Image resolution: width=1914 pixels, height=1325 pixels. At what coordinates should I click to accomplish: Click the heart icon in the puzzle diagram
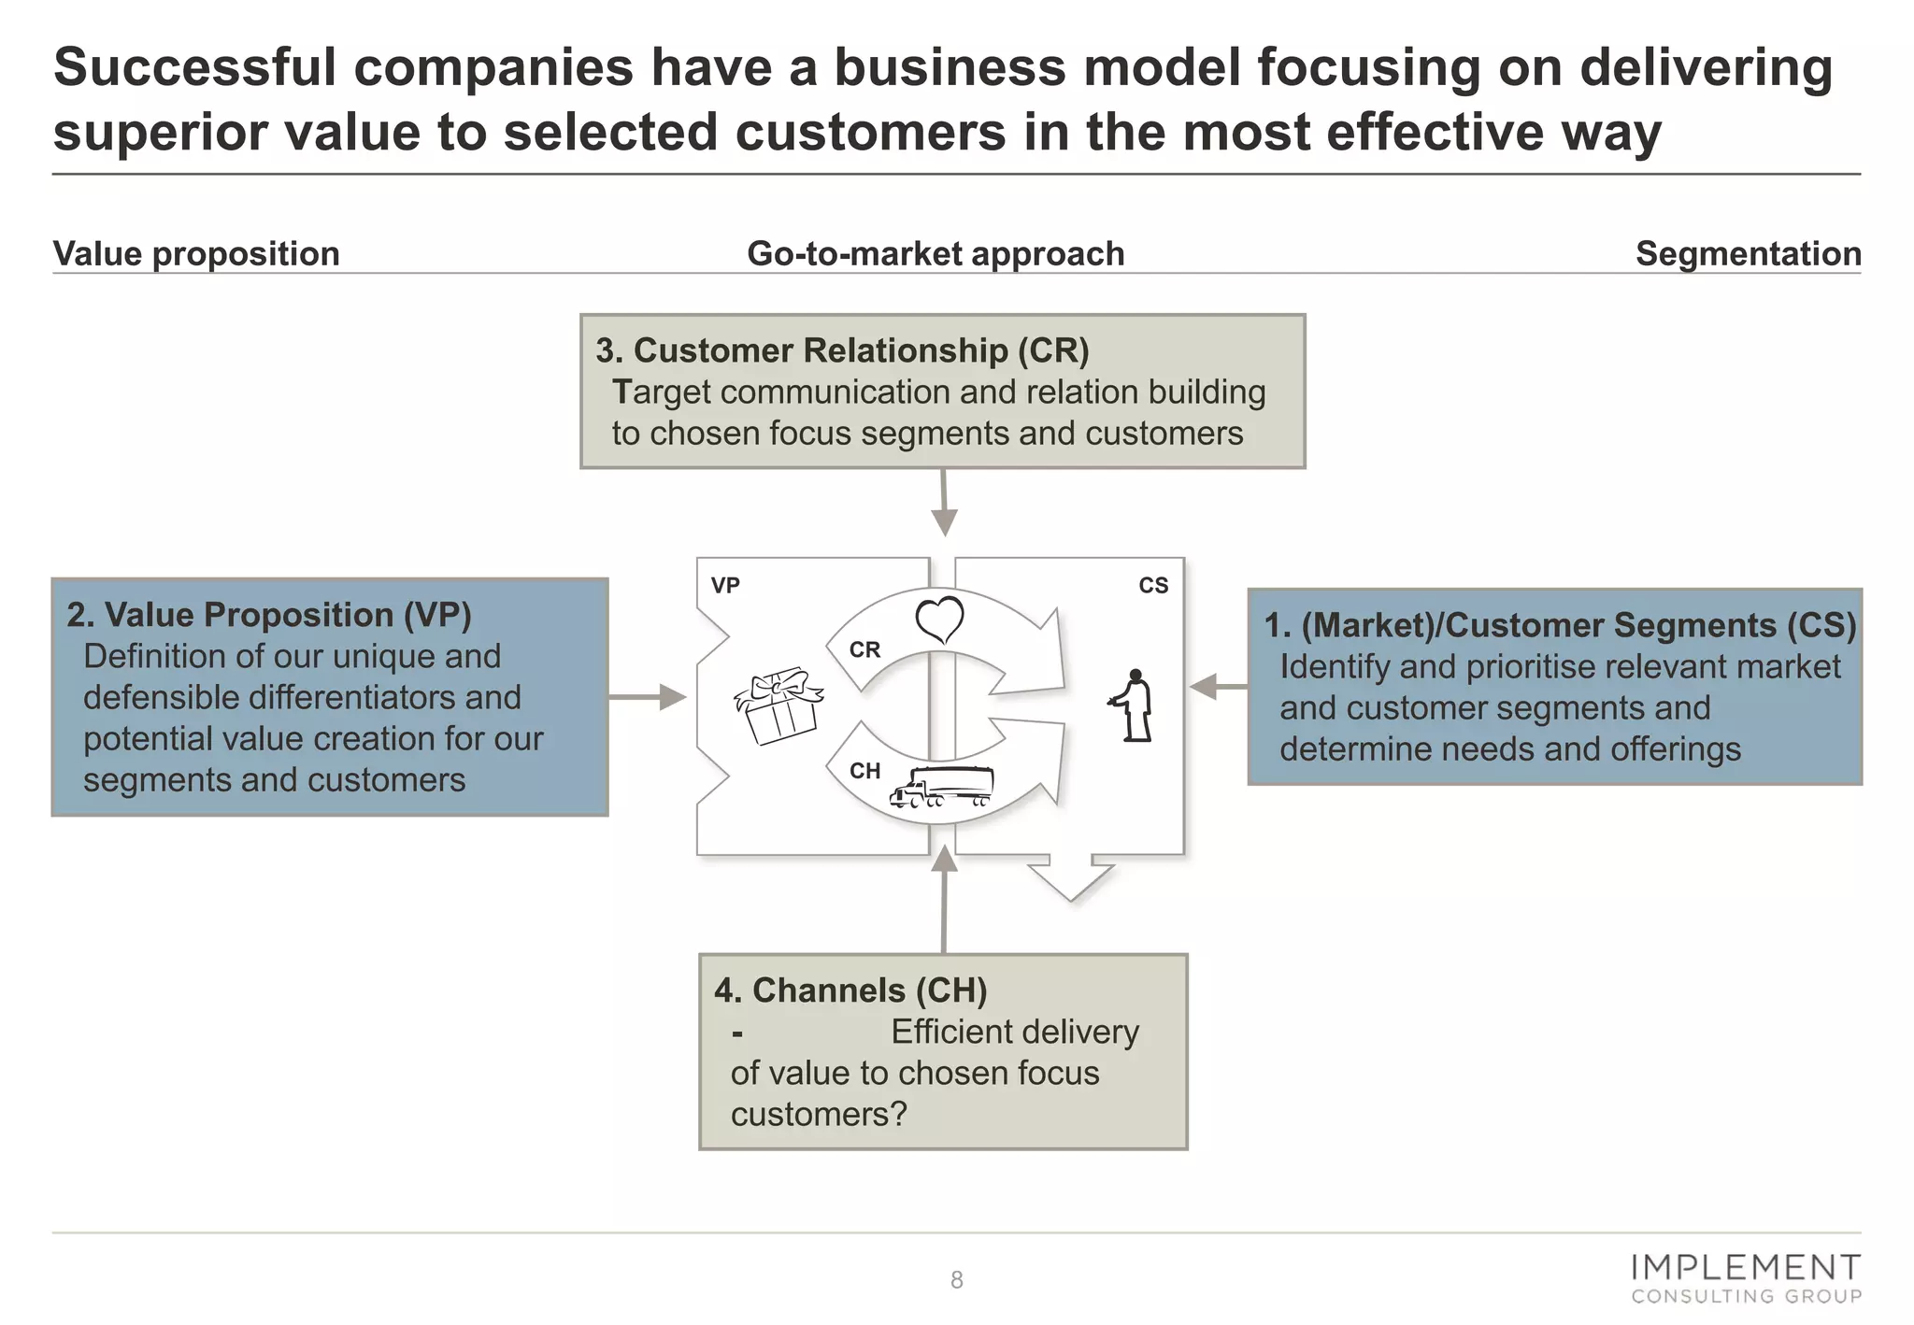coord(939,620)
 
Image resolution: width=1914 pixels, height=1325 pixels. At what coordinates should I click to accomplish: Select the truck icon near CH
coord(941,787)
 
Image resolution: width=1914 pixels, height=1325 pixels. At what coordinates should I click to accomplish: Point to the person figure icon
coord(1134,705)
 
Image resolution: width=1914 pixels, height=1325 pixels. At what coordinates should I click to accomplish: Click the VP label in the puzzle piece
coord(725,586)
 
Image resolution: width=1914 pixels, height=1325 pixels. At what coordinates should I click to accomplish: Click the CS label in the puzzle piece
coord(1153,586)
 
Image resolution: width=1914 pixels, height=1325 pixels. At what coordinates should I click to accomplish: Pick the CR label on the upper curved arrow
coord(864,649)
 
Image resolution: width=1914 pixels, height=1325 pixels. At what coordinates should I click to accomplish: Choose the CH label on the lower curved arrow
coord(864,771)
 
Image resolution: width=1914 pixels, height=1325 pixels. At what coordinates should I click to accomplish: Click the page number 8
coord(956,1280)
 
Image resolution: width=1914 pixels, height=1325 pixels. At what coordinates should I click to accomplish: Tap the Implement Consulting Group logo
coord(1746,1278)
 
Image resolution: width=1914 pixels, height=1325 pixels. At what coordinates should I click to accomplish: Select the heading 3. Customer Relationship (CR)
coord(842,350)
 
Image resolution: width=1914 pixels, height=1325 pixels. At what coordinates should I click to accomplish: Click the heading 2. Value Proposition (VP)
coord(269,615)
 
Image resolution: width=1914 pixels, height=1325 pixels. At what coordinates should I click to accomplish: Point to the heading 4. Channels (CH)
coord(850,990)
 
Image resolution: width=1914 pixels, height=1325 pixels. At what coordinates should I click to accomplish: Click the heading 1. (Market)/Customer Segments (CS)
coord(1559,625)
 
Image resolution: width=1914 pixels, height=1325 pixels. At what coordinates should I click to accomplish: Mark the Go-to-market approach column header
coord(936,254)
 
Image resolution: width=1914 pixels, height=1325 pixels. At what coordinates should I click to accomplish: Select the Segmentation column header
coord(1748,254)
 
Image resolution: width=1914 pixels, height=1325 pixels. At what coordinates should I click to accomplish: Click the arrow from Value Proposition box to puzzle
coord(647,697)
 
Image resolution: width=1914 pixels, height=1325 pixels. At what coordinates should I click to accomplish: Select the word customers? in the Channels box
coord(819,1115)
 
